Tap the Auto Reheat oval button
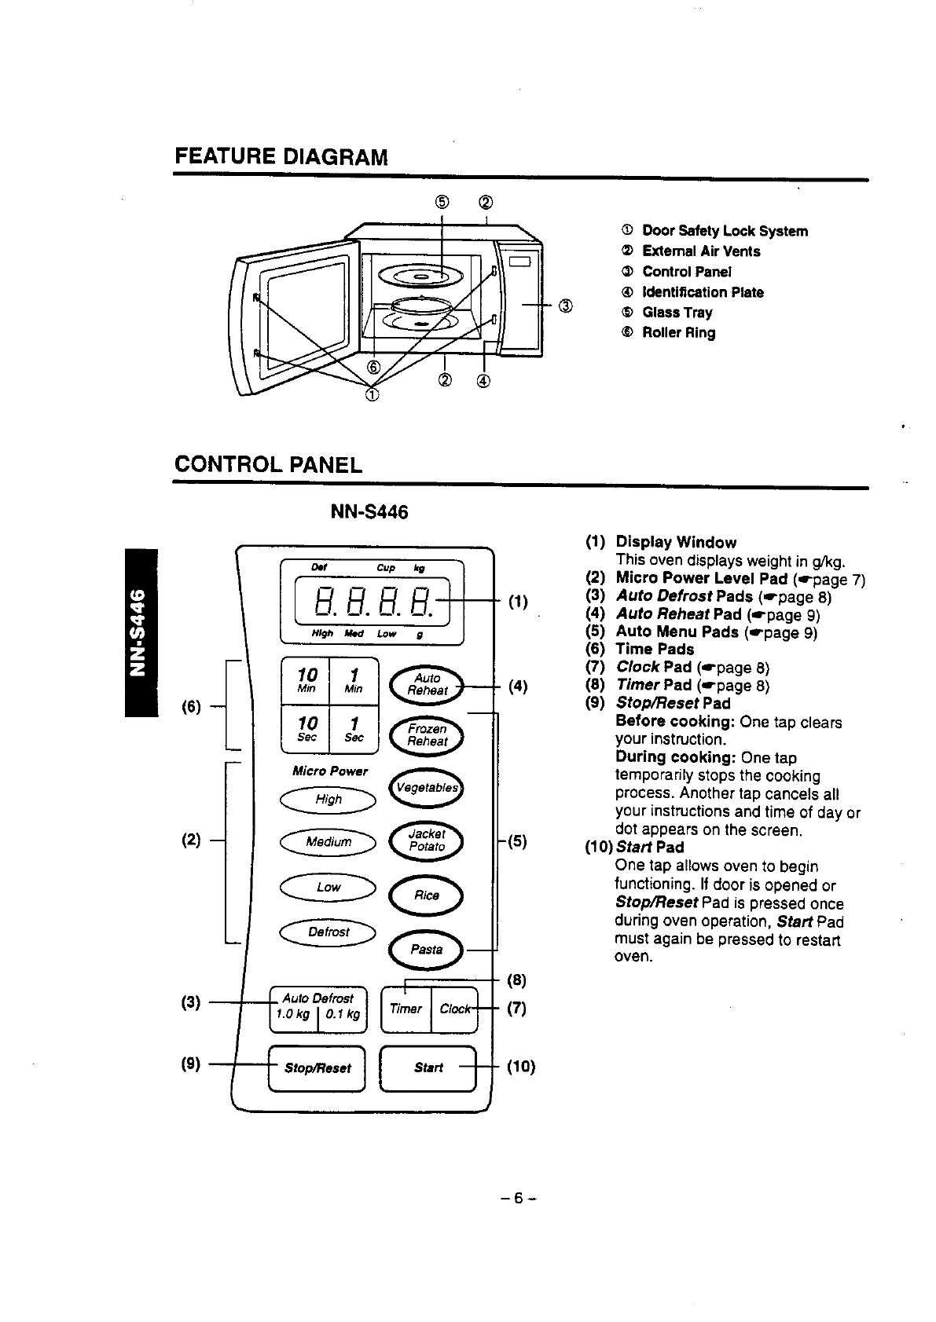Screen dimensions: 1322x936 click(427, 684)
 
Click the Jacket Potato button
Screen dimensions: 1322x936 click(427, 840)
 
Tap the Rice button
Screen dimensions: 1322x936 click(427, 895)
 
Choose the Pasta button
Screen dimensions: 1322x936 click(427, 949)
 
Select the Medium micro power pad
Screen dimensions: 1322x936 click(329, 842)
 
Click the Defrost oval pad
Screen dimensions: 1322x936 click(329, 932)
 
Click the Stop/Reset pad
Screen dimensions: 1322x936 click(318, 1068)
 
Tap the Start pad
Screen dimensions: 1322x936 click(428, 1068)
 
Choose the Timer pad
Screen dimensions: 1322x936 click(406, 1009)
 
